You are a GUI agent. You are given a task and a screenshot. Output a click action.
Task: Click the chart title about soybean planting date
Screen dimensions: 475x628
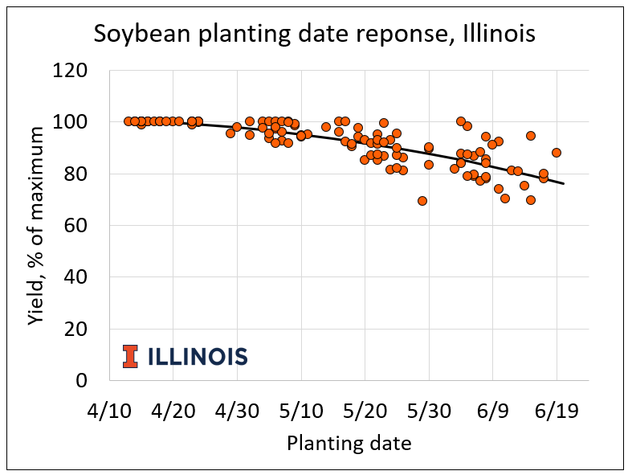314,34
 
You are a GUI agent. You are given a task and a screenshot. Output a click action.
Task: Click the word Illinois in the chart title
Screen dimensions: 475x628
491,34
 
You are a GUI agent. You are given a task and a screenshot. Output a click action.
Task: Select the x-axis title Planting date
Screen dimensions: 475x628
349,443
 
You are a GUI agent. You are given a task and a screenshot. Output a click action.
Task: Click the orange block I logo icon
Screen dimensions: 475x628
130,356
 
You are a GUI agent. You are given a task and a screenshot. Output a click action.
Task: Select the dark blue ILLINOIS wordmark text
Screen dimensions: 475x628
198,356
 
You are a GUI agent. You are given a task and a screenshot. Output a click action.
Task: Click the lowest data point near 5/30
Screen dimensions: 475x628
422,201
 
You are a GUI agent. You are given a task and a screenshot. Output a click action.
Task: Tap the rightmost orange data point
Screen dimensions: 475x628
557,153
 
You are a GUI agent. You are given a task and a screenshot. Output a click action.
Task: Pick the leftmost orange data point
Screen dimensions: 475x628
128,121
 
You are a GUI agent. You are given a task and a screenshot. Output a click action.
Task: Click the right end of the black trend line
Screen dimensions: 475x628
563,184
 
